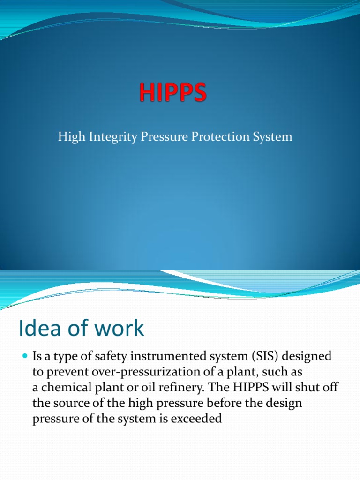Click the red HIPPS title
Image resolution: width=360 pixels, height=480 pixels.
(x=172, y=92)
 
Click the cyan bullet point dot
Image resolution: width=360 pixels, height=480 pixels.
(x=25, y=357)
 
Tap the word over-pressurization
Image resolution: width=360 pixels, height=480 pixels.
(x=137, y=372)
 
